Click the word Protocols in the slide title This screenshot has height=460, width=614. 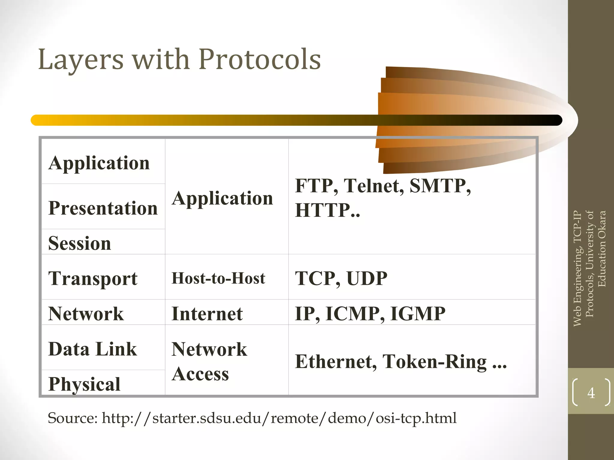260,59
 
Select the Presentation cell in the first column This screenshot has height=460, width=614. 103,208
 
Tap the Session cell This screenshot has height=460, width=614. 80,243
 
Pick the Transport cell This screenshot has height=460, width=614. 93,278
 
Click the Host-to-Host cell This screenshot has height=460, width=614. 218,278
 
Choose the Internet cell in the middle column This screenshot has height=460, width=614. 207,314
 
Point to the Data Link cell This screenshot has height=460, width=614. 93,349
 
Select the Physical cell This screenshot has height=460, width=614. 84,384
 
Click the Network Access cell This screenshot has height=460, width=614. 209,361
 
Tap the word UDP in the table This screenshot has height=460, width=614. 367,278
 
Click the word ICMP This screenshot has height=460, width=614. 353,314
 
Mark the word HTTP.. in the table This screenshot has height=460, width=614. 327,210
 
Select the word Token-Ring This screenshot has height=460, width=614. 434,361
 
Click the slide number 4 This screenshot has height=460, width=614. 591,393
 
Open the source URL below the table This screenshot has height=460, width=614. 279,418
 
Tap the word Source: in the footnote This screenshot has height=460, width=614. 73,418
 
